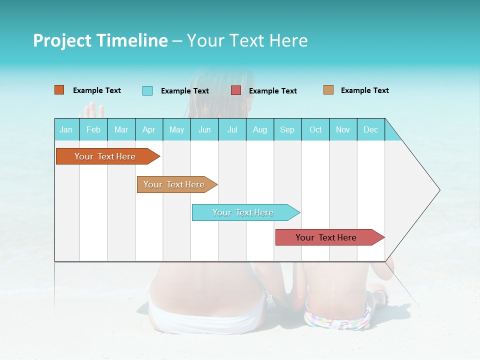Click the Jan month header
66,129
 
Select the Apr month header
149,129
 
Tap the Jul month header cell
232,129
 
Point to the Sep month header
287,129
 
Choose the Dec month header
370,129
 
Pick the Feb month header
93,129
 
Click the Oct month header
315,129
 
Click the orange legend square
59,90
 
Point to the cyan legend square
147,90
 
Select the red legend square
236,90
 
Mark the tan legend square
328,90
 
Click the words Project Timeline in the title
100,40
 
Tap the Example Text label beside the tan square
364,90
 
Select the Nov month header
343,129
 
